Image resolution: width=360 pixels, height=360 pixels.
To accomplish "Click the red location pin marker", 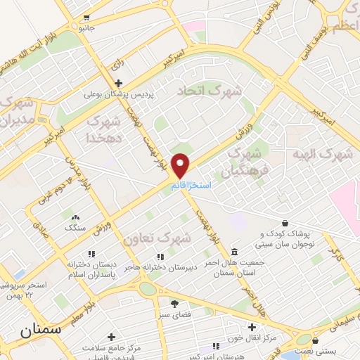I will (x=181, y=165).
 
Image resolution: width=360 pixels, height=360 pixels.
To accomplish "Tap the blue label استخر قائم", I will (x=188, y=184).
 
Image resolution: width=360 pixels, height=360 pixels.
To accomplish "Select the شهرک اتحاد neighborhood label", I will (x=209, y=91).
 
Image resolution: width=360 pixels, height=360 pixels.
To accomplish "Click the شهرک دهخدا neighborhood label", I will (x=104, y=129).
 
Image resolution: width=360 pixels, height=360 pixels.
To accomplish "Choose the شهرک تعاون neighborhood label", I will (x=157, y=238).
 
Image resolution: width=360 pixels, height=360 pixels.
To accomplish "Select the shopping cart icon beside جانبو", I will (x=86, y=18).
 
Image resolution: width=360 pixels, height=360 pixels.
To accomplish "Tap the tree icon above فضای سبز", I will (x=174, y=304).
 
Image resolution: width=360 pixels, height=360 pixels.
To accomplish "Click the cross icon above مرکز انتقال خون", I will (x=252, y=327).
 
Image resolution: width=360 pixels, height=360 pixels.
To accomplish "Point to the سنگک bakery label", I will (x=74, y=228).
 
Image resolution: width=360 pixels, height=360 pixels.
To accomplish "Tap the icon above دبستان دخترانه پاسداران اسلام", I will (x=91, y=254).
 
